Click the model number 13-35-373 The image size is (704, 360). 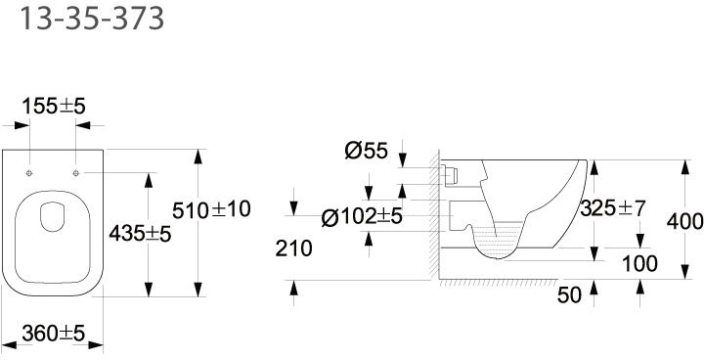click(92, 19)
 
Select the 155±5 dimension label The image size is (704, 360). click(54, 107)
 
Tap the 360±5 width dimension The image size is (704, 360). click(54, 333)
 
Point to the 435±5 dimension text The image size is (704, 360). click(140, 234)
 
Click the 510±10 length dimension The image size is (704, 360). click(211, 210)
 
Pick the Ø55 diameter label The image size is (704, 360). click(366, 151)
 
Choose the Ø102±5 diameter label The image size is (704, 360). click(362, 217)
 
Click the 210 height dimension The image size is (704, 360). click(293, 248)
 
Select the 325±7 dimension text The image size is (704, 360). click(613, 208)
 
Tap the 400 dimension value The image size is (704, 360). click(685, 221)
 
